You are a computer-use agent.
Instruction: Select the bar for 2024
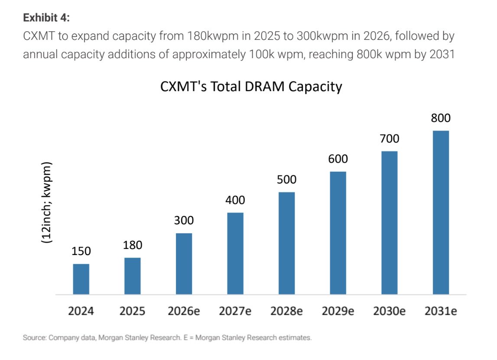click(81, 279)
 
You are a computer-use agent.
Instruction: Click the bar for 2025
click(133, 276)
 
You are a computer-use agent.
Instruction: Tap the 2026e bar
click(184, 264)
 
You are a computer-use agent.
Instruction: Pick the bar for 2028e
click(286, 243)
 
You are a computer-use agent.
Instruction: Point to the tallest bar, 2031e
click(441, 213)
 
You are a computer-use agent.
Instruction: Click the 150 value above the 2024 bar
click(81, 251)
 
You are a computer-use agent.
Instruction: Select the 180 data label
click(133, 245)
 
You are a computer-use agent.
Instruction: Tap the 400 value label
click(235, 200)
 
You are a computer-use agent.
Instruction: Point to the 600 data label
click(338, 159)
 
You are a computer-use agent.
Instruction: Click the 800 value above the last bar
click(441, 118)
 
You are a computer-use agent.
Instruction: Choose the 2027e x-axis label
click(235, 311)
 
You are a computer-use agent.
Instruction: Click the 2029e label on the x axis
click(338, 311)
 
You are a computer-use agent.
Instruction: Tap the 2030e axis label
click(389, 311)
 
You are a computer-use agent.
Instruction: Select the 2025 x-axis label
click(132, 311)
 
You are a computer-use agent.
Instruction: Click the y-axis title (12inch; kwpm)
click(46, 203)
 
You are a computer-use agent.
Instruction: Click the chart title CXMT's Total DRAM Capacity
click(251, 86)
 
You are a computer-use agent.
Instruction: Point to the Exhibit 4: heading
click(46, 18)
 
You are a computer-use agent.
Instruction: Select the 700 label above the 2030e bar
click(389, 139)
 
